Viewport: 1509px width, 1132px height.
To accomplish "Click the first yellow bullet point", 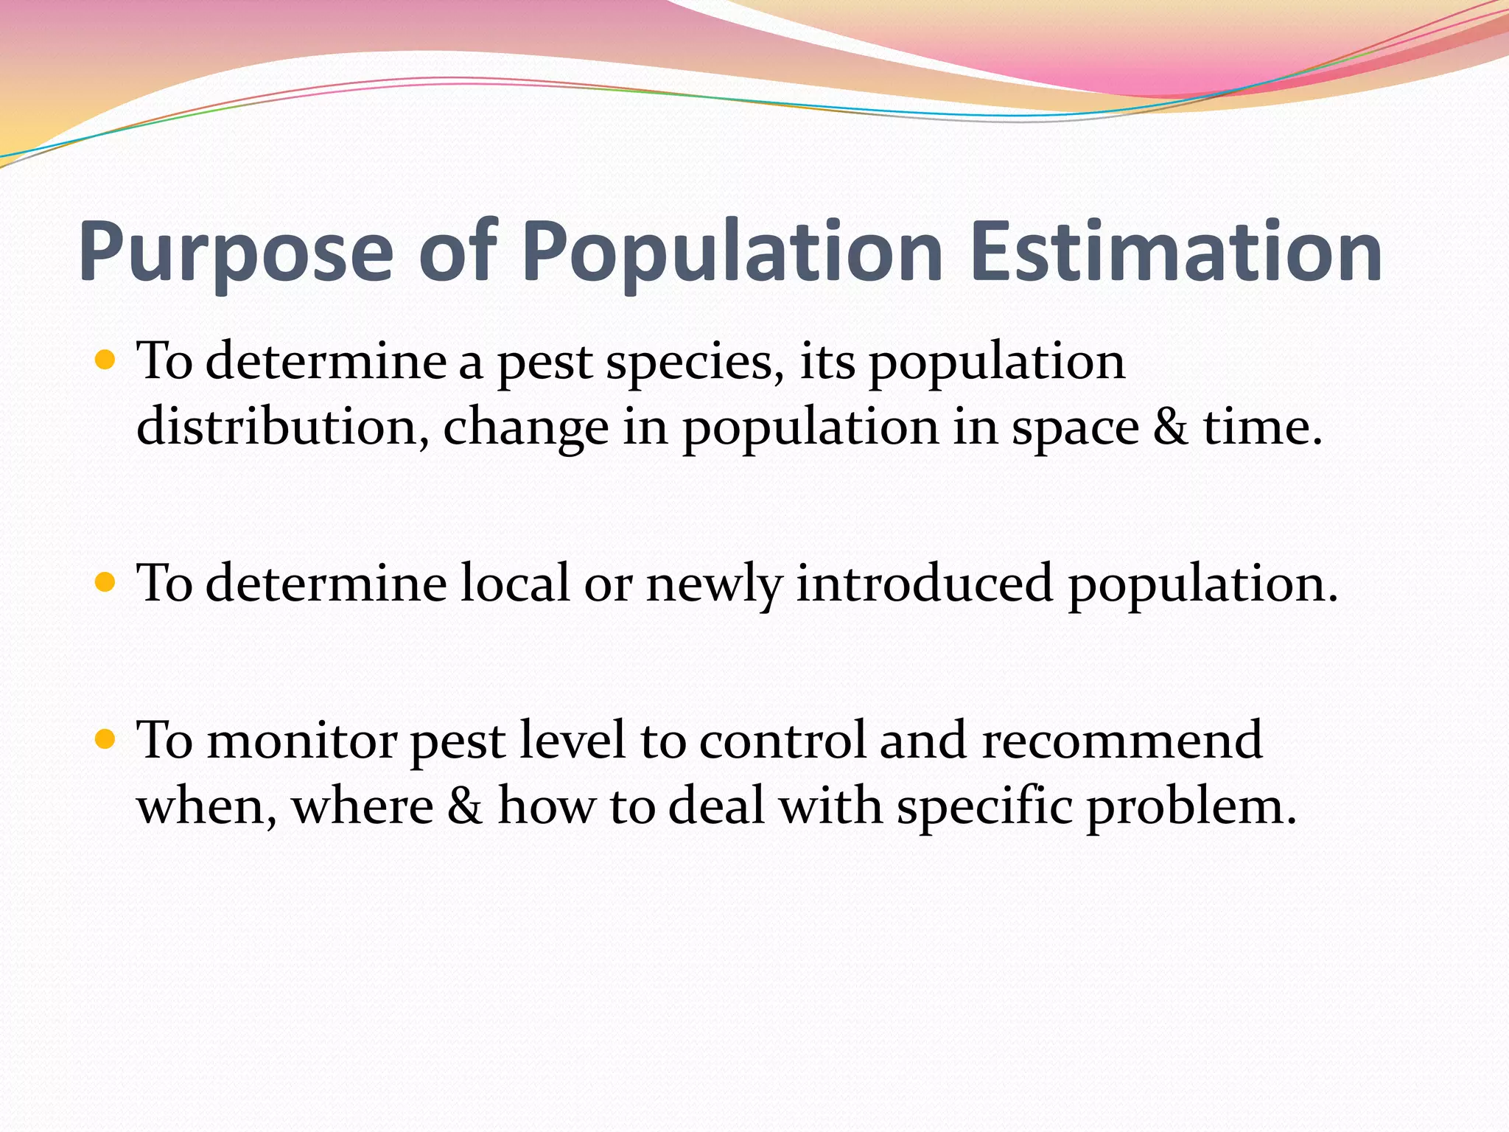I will (x=106, y=360).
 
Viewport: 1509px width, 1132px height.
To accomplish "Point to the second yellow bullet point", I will (x=106, y=583).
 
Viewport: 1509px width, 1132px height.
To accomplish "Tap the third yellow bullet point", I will (x=106, y=739).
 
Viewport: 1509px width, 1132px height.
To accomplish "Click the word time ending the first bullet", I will (x=1261, y=427).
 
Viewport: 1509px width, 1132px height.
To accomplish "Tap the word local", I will (x=515, y=583).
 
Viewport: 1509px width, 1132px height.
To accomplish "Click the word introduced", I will (x=924, y=583).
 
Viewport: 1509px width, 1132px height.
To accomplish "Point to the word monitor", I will (x=302, y=741).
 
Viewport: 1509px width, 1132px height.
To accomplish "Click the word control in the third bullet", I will (x=781, y=741).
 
